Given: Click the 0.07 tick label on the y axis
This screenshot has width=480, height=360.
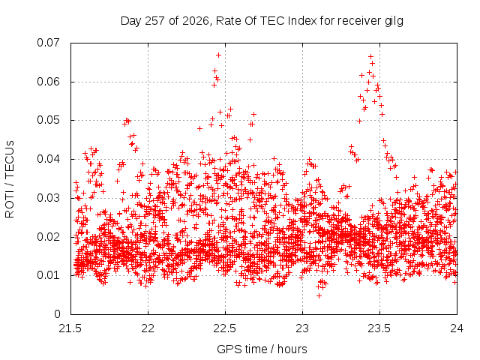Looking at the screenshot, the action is pyautogui.click(x=48, y=43).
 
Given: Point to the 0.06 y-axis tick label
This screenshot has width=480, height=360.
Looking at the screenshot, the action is pyautogui.click(x=48, y=82).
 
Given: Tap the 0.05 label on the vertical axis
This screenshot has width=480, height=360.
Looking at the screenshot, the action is pyautogui.click(x=48, y=120).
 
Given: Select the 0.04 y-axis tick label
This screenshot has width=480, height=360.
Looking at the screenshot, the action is pyautogui.click(x=48, y=159).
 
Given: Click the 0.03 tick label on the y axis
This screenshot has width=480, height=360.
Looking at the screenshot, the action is pyautogui.click(x=48, y=198).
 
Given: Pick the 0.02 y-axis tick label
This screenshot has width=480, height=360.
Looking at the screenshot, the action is pyautogui.click(x=48, y=237).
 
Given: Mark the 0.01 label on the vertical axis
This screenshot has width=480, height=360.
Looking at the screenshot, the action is pyautogui.click(x=48, y=275).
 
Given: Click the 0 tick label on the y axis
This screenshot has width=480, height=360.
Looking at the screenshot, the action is pyautogui.click(x=57, y=314).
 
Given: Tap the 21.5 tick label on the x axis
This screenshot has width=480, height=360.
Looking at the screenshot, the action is pyautogui.click(x=70, y=328).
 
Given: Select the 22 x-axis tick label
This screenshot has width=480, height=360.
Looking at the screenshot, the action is pyautogui.click(x=148, y=328).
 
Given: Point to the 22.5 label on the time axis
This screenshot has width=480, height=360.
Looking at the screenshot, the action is pyautogui.click(x=225, y=328).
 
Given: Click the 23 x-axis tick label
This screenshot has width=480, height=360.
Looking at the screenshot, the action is pyautogui.click(x=302, y=328).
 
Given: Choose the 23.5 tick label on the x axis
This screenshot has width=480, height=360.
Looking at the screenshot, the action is pyautogui.click(x=379, y=328).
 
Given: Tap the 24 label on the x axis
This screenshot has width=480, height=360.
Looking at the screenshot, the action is pyautogui.click(x=457, y=328).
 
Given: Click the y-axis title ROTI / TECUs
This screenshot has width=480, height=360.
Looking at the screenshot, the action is pyautogui.click(x=10, y=179).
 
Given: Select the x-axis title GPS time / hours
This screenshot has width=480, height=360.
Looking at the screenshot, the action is pyautogui.click(x=262, y=349).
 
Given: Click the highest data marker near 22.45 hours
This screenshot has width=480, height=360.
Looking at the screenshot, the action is pyautogui.click(x=218, y=55).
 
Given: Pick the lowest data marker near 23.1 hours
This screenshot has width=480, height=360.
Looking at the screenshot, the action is pyautogui.click(x=319, y=295).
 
